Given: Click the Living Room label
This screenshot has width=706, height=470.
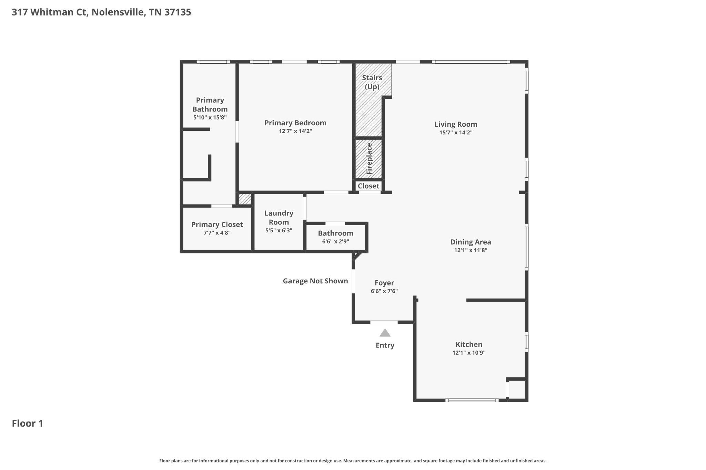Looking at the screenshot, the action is point(456,124).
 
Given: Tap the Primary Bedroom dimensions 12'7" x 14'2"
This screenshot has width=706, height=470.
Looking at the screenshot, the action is point(295,131).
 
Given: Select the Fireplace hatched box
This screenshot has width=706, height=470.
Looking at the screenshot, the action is point(369,159).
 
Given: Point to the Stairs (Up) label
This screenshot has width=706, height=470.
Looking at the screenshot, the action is point(372,82).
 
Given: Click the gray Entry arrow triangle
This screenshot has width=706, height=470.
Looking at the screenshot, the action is point(385,333).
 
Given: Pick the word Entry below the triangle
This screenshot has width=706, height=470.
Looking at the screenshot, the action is point(385,345).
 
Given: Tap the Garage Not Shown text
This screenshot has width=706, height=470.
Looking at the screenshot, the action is point(315,281).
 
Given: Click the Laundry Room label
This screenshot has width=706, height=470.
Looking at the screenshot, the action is point(279,218).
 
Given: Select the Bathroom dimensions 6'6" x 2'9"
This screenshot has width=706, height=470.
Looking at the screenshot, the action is point(336,242).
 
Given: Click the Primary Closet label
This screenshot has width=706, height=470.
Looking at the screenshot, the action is point(217,224).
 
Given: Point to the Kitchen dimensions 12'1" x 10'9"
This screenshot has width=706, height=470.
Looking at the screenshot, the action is point(469,353).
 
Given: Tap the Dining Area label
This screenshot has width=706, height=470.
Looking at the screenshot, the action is point(471,242).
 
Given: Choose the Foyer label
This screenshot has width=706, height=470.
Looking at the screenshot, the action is point(384,283).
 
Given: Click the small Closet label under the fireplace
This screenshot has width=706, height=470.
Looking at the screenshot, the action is point(369,186).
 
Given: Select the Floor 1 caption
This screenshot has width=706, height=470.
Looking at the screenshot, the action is point(28,424).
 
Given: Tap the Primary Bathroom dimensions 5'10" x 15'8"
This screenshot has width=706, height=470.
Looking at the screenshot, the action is point(210,117).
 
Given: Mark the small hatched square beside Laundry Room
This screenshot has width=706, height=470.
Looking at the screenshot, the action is point(245,199).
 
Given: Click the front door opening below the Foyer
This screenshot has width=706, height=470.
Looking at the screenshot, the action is point(384,322).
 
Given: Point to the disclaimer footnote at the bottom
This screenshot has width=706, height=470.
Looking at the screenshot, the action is point(353,461).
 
